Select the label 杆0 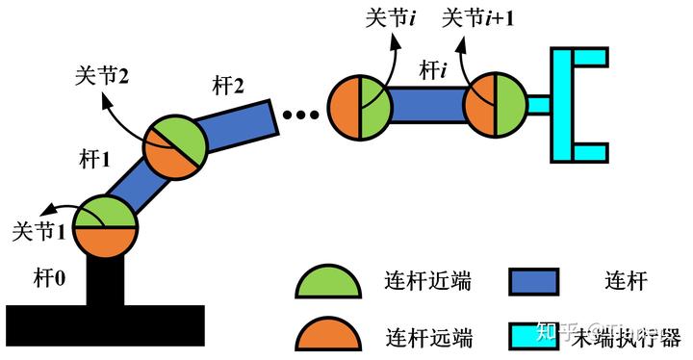coord(47,278)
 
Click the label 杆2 coord(228,88)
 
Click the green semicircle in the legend coord(327,282)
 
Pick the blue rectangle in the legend coord(531,282)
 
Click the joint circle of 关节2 coord(175,149)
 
